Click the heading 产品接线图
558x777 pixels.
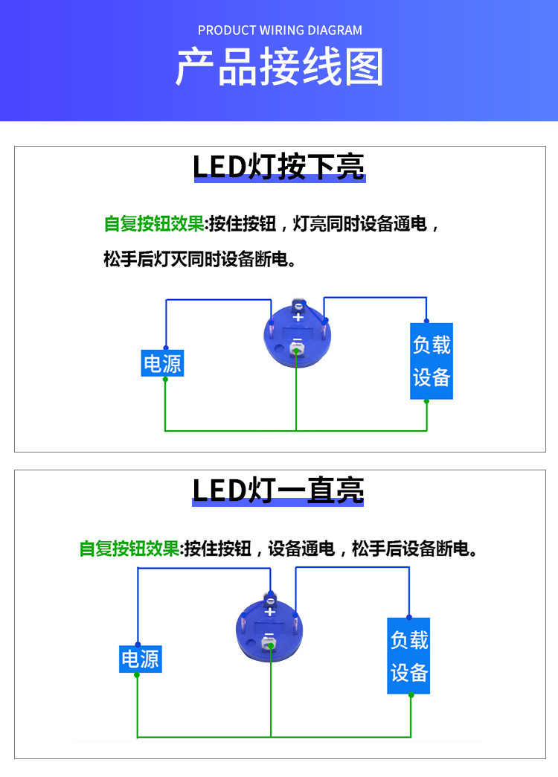tap(279, 68)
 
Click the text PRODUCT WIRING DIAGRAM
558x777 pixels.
tap(280, 31)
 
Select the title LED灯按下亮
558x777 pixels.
tap(279, 167)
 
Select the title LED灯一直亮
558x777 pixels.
tap(278, 490)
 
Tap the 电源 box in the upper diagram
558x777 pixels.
tap(162, 363)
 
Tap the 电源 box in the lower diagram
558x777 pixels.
tap(141, 658)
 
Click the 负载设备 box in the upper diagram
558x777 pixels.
tap(432, 361)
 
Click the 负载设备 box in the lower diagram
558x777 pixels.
tap(408, 656)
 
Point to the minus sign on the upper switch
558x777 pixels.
tap(296, 342)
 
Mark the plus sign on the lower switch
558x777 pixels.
tap(270, 612)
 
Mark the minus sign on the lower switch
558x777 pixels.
tap(269, 635)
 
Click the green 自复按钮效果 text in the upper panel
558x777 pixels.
tap(154, 224)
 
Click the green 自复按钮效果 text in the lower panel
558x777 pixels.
tap(129, 549)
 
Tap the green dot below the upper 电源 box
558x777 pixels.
tap(165, 379)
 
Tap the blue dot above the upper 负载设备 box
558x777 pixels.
tap(426, 319)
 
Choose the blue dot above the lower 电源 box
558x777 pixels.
tap(138, 643)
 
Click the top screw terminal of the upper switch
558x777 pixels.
tap(298, 304)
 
